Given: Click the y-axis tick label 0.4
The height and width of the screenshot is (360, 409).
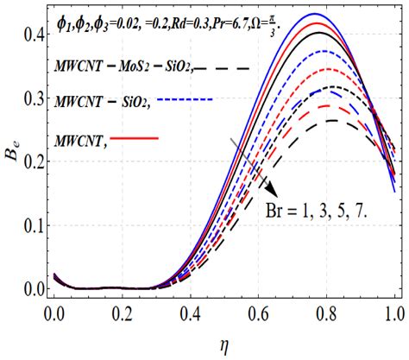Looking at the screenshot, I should click(31, 35).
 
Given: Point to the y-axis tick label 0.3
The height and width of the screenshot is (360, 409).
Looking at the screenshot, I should click(31, 98).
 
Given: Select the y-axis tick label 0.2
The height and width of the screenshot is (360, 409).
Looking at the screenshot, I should click(31, 162).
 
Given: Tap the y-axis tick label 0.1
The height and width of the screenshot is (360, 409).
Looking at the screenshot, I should click(31, 225).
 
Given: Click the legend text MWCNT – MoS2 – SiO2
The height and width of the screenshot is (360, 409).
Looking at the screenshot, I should click(121, 66).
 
